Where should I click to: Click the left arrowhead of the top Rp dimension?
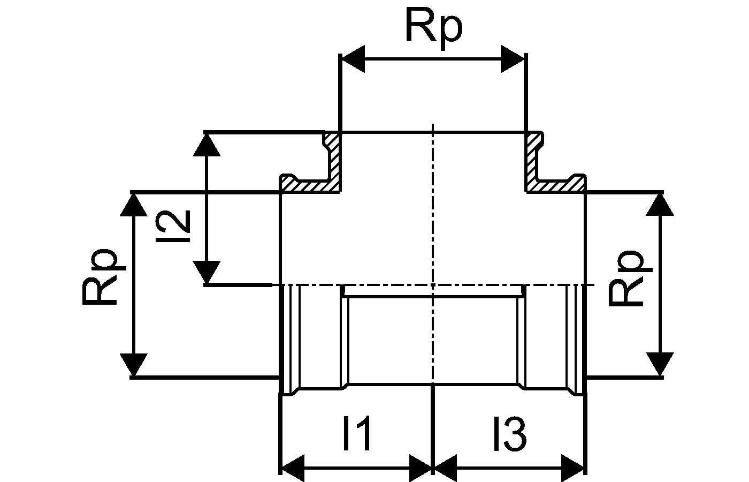(353, 59)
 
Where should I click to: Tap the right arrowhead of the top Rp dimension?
(512, 59)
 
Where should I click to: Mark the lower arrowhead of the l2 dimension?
(206, 272)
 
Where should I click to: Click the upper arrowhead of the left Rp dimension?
(132, 205)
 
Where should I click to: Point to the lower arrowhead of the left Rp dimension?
(132, 364)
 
